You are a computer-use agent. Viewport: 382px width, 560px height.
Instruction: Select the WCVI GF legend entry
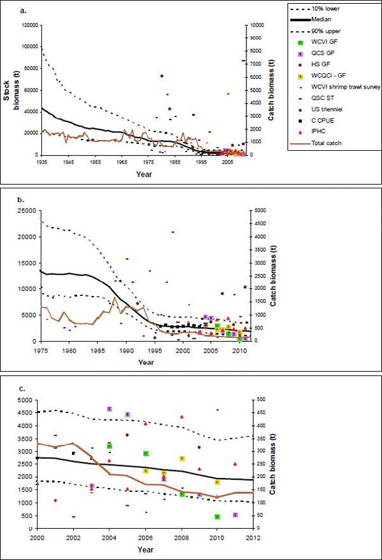tap(327, 52)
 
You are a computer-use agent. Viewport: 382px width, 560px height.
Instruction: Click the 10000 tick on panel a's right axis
tap(257, 25)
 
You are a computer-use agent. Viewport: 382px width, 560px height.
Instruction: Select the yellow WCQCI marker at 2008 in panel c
tap(181, 458)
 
